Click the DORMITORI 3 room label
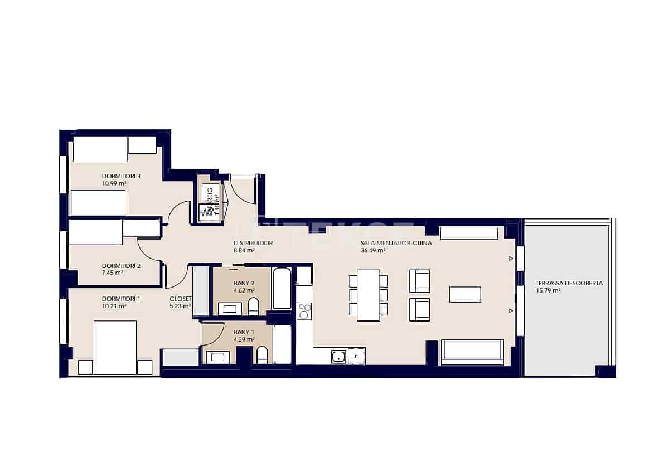121,177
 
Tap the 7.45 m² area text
113,273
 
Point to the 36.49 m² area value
374,251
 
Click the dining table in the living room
368,295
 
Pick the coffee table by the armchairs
465,294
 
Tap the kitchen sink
338,356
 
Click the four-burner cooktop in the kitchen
304,311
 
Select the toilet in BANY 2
254,306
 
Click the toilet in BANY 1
262,355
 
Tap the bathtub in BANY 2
282,288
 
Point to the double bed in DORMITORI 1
115,347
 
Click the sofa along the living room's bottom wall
472,352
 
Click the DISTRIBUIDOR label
253,244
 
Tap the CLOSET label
181,299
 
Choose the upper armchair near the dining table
419,281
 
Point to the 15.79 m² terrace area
548,290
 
